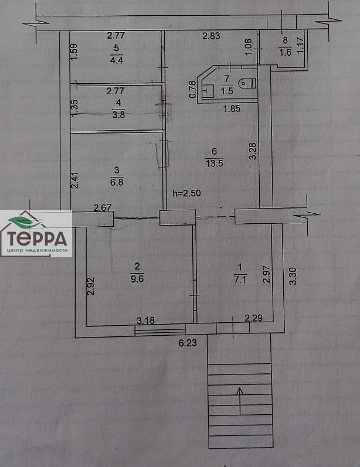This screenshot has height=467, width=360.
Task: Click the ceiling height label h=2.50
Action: pyautogui.click(x=187, y=193)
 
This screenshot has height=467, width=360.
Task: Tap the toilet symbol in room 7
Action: pyautogui.click(x=247, y=83)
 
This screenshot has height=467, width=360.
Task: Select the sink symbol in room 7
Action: pyautogui.click(x=208, y=90)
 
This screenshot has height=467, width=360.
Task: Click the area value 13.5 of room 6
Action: pyautogui.click(x=214, y=163)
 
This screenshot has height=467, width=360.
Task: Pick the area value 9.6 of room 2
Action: pyautogui.click(x=137, y=279)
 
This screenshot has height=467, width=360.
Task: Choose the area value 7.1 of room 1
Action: pyautogui.click(x=240, y=279)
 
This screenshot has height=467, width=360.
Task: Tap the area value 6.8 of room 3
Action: pyautogui.click(x=117, y=182)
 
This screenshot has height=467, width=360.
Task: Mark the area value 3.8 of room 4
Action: pyautogui.click(x=118, y=114)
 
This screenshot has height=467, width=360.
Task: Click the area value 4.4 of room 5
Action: pyautogui.click(x=117, y=60)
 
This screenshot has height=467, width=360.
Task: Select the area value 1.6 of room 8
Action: pyautogui.click(x=285, y=53)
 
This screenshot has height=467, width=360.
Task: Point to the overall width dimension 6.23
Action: pyautogui.click(x=188, y=343)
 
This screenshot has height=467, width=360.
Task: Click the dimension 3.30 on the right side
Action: pyautogui.click(x=293, y=276)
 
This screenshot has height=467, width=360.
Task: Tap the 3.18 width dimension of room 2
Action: pyautogui.click(x=145, y=321)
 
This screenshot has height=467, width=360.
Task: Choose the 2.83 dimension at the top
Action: pyautogui.click(x=211, y=36)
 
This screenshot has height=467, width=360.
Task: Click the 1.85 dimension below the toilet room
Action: pyautogui.click(x=232, y=108)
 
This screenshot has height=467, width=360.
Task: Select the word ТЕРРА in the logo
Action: pyautogui.click(x=37, y=238)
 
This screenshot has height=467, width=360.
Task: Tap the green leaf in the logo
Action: pyautogui.click(x=23, y=221)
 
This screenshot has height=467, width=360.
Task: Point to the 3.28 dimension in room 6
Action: pyautogui.click(x=253, y=151)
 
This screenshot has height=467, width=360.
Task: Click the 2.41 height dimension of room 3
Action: pyautogui.click(x=75, y=180)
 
